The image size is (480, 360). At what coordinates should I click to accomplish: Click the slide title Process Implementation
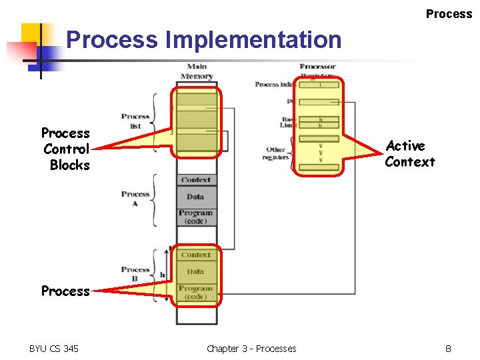tap(203, 40)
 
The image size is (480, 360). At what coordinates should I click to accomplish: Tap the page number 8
tap(449, 348)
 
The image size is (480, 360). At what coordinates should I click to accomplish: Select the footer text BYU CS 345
tap(53, 348)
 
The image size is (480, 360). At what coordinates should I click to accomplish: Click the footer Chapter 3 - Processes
tap(251, 348)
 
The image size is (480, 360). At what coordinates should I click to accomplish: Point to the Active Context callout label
tap(409, 154)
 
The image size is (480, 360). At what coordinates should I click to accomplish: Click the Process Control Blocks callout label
tap(66, 149)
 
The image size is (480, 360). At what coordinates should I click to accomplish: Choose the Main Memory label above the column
tap(197, 71)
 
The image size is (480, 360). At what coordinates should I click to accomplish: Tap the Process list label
tap(135, 121)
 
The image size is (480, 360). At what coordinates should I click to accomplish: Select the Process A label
tap(135, 198)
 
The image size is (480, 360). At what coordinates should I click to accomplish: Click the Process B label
tap(135, 274)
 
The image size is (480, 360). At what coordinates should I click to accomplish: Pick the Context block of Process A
tap(196, 180)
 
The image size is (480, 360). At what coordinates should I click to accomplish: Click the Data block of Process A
tap(196, 197)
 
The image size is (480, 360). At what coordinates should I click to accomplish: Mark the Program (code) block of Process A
tap(196, 217)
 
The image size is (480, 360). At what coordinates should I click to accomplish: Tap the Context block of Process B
tap(196, 255)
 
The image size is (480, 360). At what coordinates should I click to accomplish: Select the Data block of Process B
tap(196, 272)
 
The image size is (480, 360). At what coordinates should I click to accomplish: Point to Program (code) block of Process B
tap(196, 293)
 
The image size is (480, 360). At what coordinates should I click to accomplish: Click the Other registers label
tap(276, 153)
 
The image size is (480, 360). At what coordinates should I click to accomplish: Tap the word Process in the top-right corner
tap(449, 14)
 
